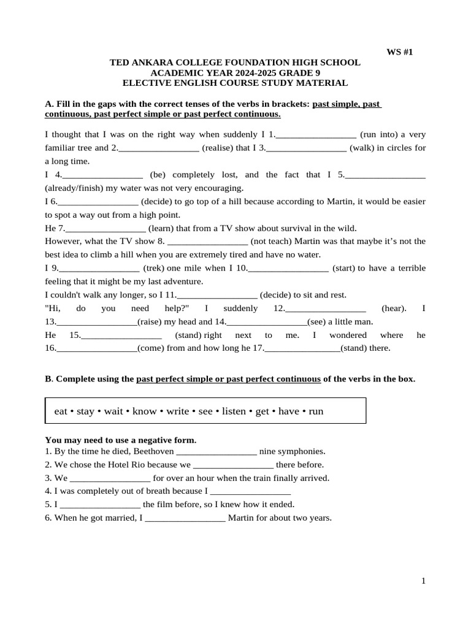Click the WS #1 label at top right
pyautogui.click(x=399, y=52)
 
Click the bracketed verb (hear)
pyautogui.click(x=394, y=308)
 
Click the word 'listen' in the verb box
pyautogui.click(x=233, y=411)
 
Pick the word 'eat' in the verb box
pyautogui.click(x=60, y=411)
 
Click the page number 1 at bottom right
pyautogui.click(x=423, y=581)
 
